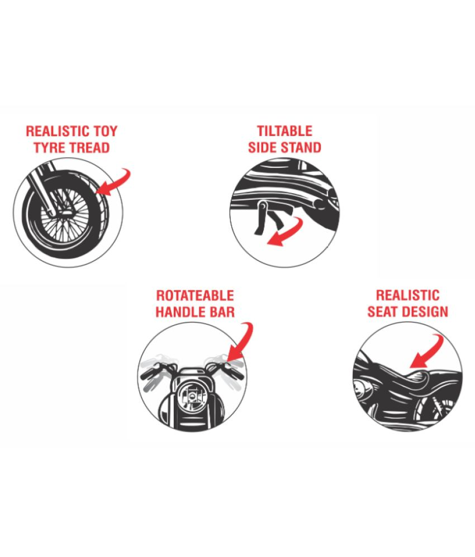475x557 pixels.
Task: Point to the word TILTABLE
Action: [x=284, y=131]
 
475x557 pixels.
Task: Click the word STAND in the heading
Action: [x=301, y=147]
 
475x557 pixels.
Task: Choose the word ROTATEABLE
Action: [x=195, y=296]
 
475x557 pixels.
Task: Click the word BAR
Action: [x=222, y=312]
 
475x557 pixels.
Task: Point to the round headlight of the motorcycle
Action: [x=193, y=394]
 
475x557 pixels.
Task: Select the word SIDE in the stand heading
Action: [x=262, y=147]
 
